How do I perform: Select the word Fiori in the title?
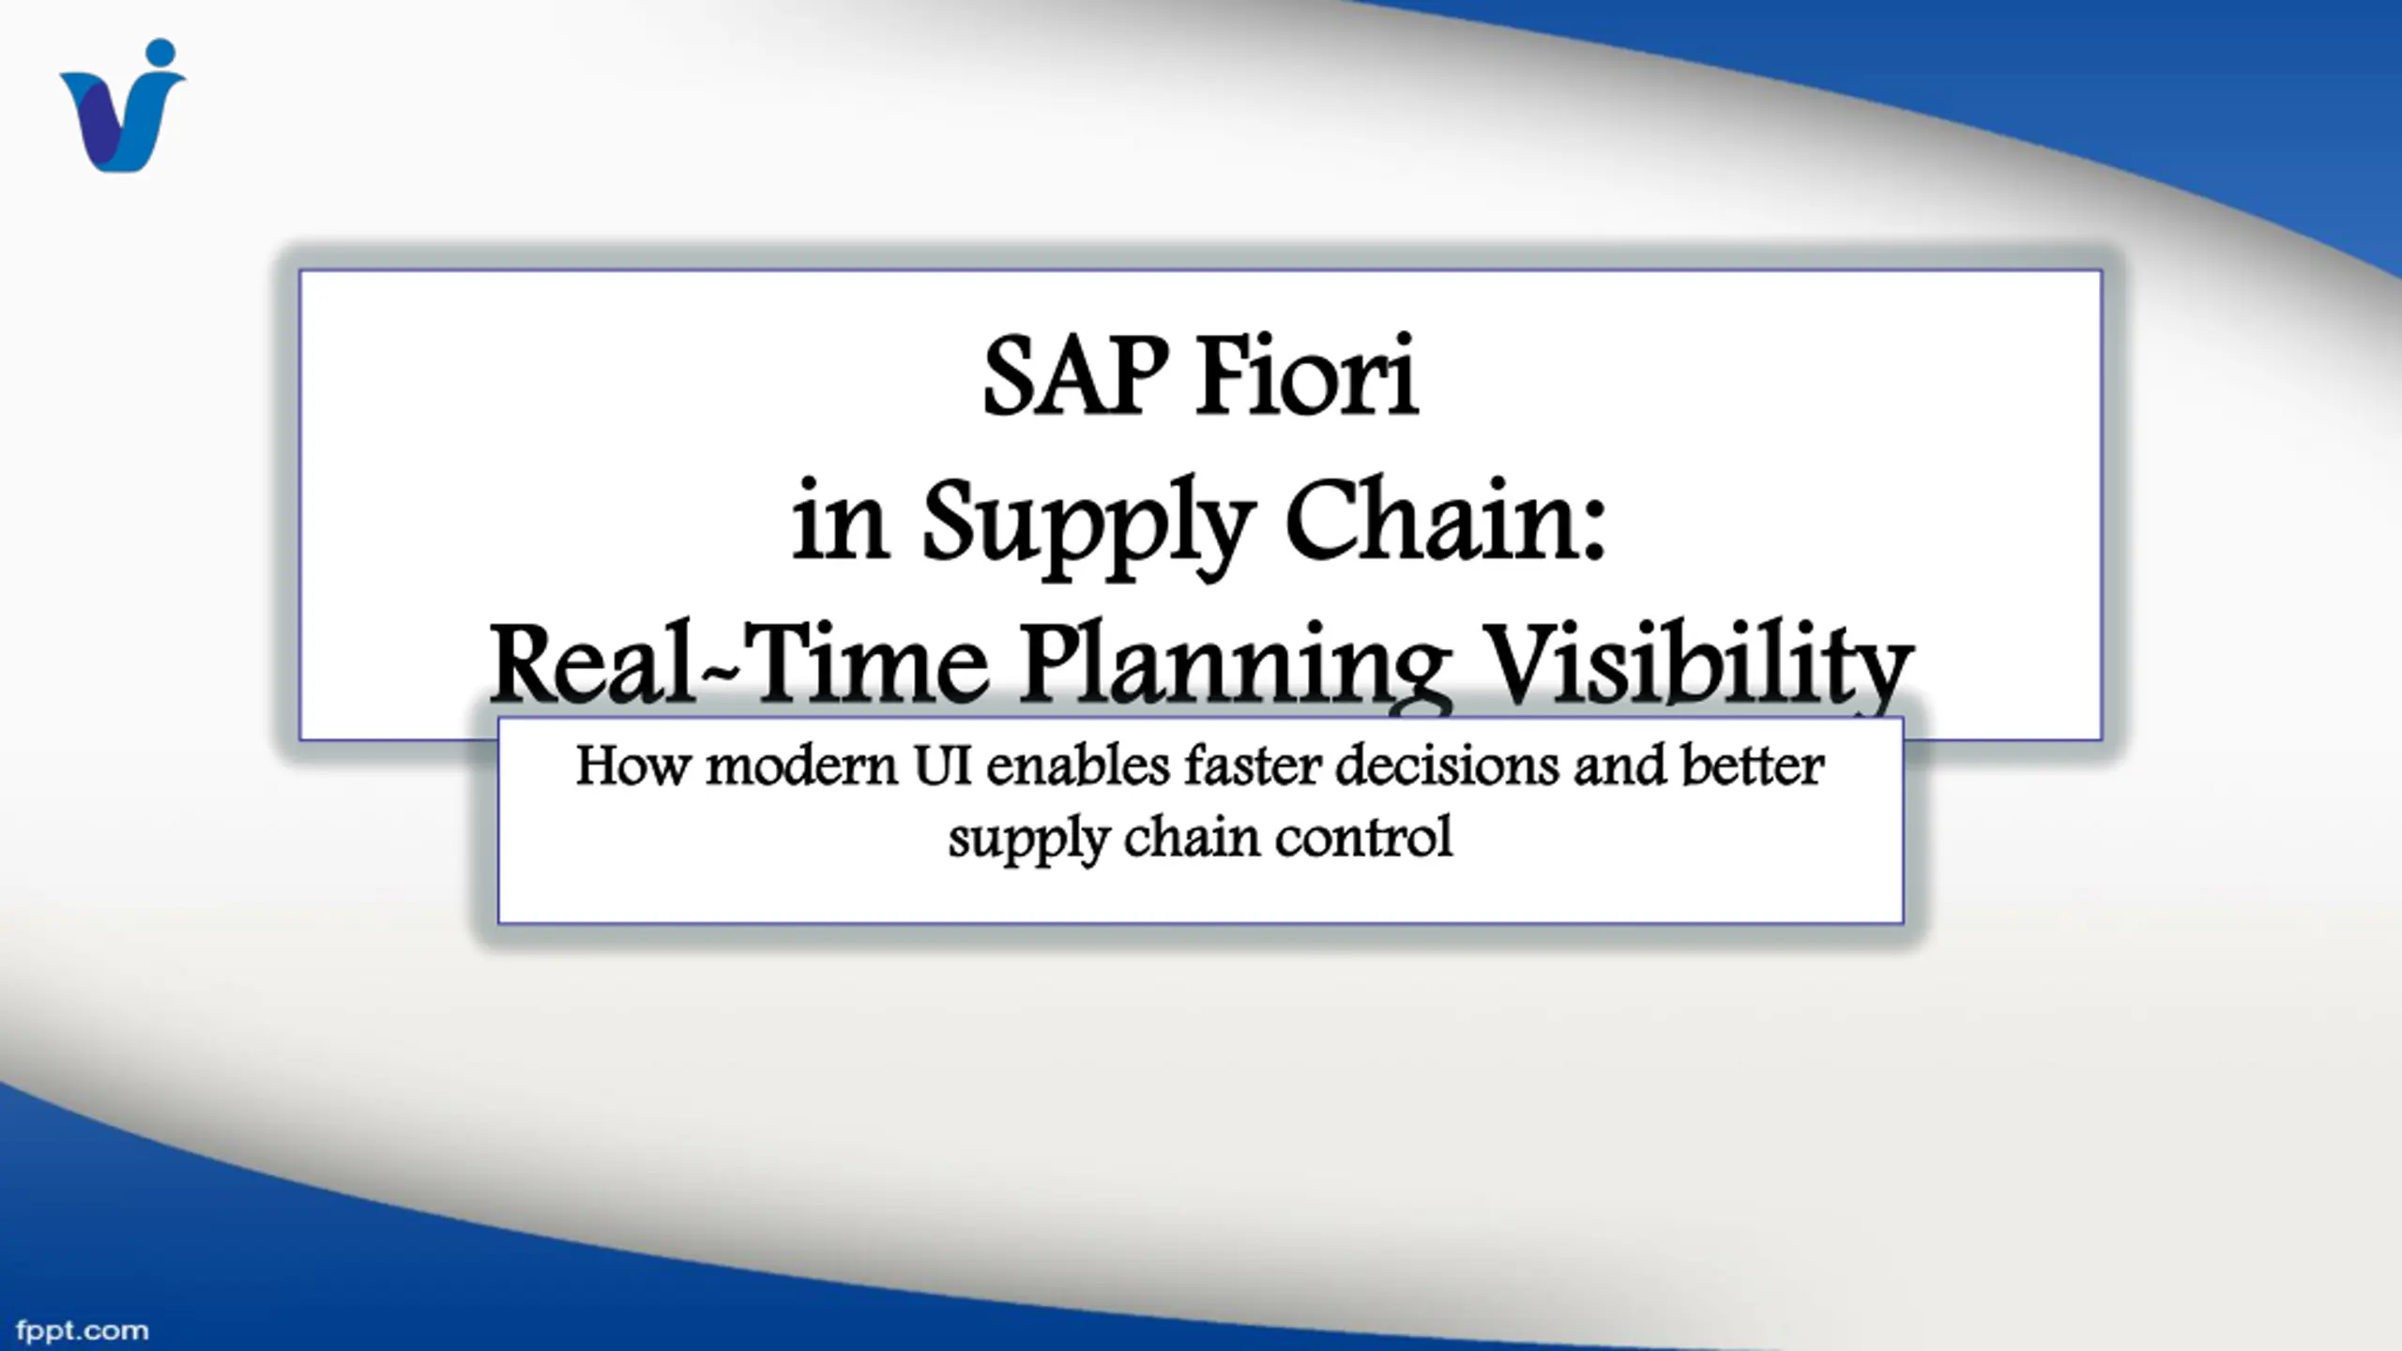(1309, 375)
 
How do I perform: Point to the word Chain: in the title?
(1446, 518)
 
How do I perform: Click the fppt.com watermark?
(83, 1331)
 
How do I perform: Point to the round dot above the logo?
(161, 53)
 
